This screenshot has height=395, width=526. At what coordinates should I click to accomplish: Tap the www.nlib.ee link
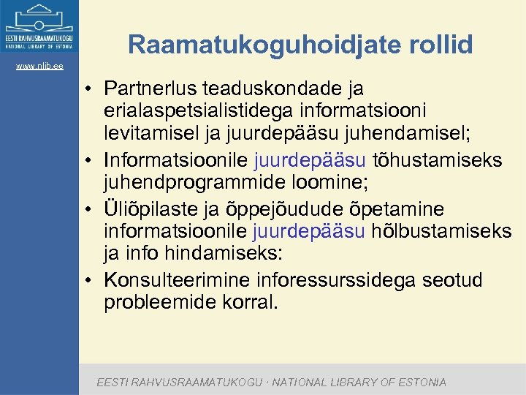tap(39, 67)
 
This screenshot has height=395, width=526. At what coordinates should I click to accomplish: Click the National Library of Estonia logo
tap(39, 27)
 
